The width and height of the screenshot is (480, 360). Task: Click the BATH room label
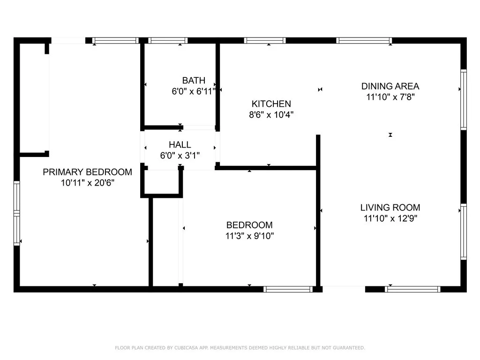pyautogui.click(x=194, y=81)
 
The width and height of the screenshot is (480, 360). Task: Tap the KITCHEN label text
pyautogui.click(x=271, y=104)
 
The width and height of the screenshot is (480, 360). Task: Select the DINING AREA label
pyautogui.click(x=390, y=86)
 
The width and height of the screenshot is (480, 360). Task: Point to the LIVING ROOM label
pyautogui.click(x=390, y=208)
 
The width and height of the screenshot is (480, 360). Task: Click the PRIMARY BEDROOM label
pyautogui.click(x=87, y=172)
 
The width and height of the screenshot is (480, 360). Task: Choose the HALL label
pyautogui.click(x=180, y=145)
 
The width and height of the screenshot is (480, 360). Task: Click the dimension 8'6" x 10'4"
pyautogui.click(x=271, y=114)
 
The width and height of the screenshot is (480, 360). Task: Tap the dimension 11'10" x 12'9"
pyautogui.click(x=390, y=218)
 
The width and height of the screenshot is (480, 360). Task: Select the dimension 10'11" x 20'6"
pyautogui.click(x=87, y=182)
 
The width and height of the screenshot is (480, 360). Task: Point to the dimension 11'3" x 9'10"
pyautogui.click(x=249, y=235)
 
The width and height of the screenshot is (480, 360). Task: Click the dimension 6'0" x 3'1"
pyautogui.click(x=180, y=155)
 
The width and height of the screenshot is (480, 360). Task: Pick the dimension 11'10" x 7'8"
pyautogui.click(x=390, y=97)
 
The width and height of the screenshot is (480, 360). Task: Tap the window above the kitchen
pyautogui.click(x=265, y=40)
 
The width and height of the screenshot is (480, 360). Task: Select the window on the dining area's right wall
pyautogui.click(x=464, y=99)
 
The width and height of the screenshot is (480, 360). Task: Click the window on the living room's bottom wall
pyautogui.click(x=412, y=289)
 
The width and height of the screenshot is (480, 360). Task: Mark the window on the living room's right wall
pyautogui.click(x=464, y=232)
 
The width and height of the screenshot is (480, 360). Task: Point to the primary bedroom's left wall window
pyautogui.click(x=17, y=213)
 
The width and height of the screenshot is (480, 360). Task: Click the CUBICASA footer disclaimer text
pyautogui.click(x=240, y=348)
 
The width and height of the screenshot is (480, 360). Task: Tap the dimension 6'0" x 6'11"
pyautogui.click(x=194, y=91)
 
